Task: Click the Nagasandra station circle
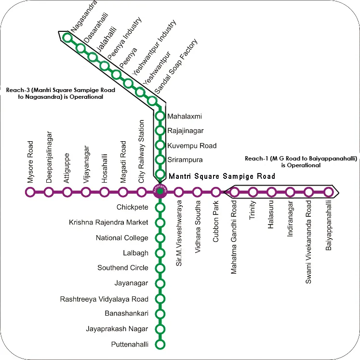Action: point(68,37)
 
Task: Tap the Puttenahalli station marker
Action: point(160,345)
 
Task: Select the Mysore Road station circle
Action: point(30,192)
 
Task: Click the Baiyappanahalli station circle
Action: point(328,192)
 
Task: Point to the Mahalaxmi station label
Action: point(185,117)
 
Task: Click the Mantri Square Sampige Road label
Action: point(221,176)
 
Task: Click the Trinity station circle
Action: point(253,192)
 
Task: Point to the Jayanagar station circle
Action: point(160,283)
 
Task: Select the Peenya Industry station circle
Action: point(105,66)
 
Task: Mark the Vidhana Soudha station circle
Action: point(197,192)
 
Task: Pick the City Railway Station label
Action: point(142,151)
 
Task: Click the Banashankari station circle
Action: point(160,314)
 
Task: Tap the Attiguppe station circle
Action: point(67,192)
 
